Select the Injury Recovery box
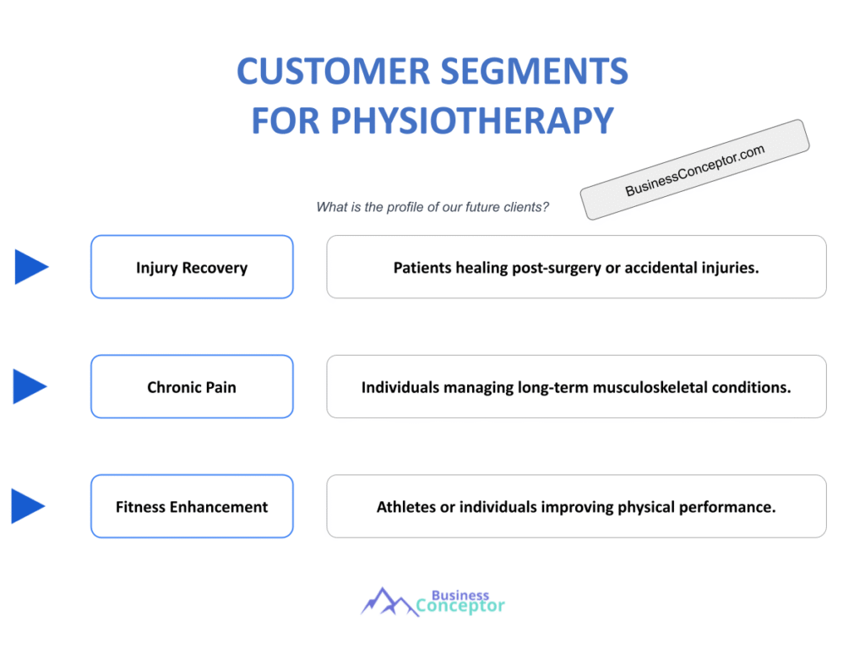pos(192,267)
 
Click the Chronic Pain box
pos(192,387)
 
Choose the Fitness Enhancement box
pos(192,507)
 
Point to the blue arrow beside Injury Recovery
pos(31,267)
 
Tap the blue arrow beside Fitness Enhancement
pos(29,506)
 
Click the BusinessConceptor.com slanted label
pos(694,170)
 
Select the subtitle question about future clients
pos(432,207)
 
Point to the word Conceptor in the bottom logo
pos(461,606)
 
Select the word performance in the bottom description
pos(730,508)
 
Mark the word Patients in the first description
pos(422,268)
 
